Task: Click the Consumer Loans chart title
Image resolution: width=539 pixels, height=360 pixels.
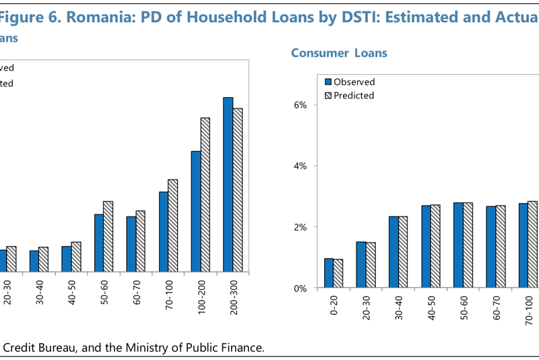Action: pos(339,53)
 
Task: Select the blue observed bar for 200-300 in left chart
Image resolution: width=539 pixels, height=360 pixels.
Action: pos(228,185)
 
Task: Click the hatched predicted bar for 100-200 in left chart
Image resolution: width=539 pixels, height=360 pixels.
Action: pos(205,195)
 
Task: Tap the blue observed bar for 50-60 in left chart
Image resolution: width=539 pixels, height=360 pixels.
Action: pos(98,243)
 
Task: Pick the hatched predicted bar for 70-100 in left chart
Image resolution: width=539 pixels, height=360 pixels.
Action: pos(172,225)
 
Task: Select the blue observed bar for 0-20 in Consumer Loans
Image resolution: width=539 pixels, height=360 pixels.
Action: pos(328,273)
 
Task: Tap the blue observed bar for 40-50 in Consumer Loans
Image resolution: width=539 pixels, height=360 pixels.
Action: pos(425,247)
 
